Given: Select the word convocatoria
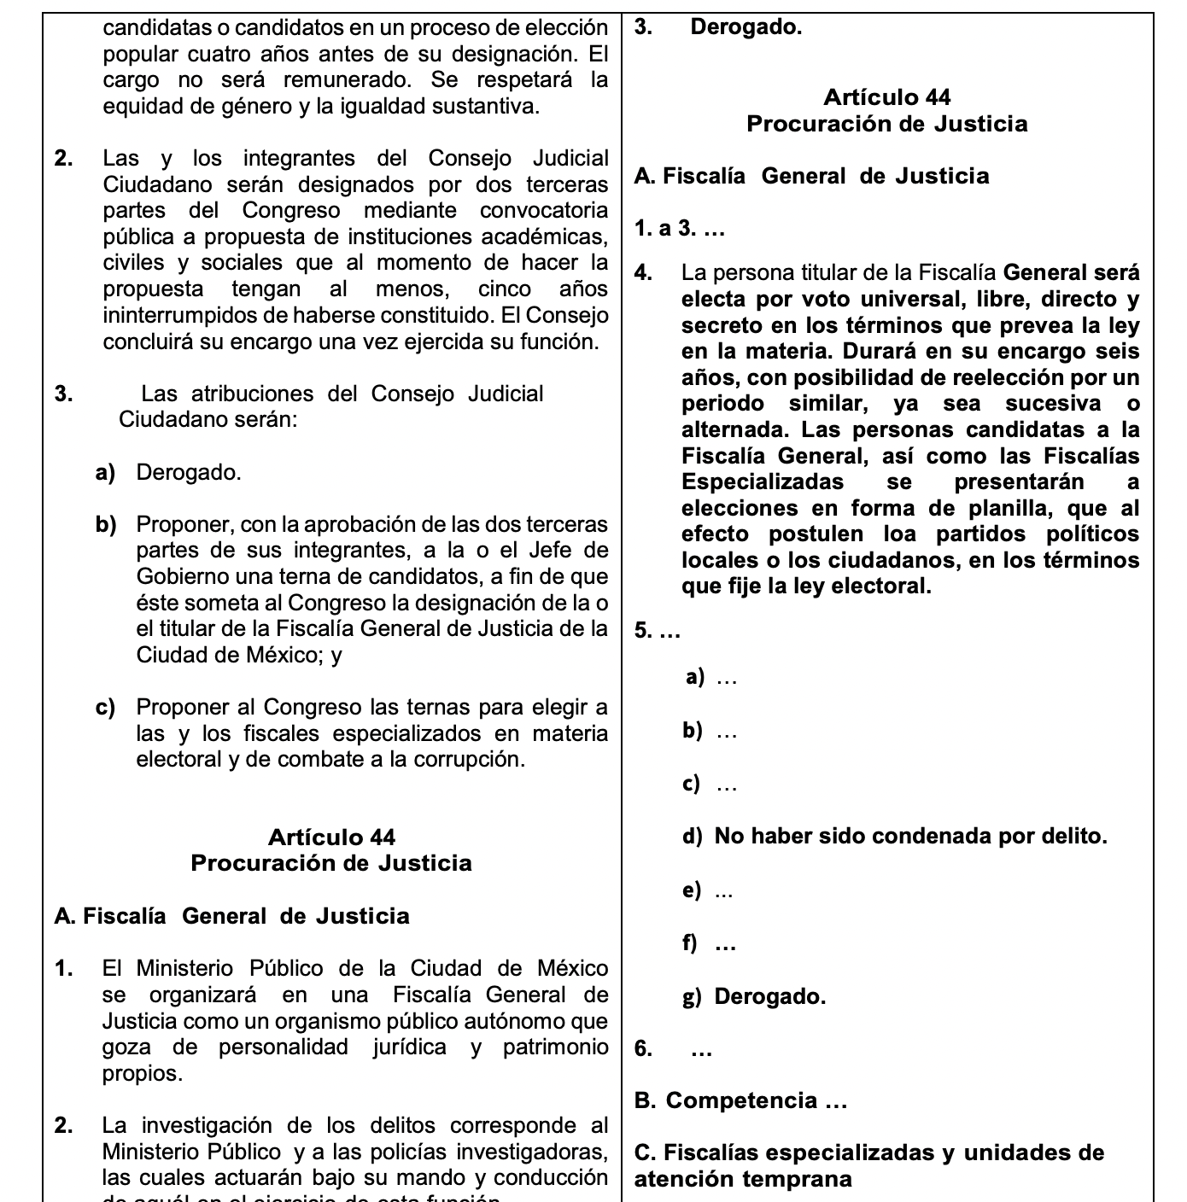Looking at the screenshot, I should click(x=544, y=210).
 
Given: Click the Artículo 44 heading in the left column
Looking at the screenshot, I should click(x=331, y=837).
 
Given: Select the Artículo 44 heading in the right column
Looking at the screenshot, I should click(x=886, y=97).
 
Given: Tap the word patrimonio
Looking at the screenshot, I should click(x=555, y=1047).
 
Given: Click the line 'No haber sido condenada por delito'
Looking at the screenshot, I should click(x=910, y=836).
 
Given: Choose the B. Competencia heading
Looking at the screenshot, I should click(x=740, y=1100).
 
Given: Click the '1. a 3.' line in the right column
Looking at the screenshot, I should click(x=680, y=228).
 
